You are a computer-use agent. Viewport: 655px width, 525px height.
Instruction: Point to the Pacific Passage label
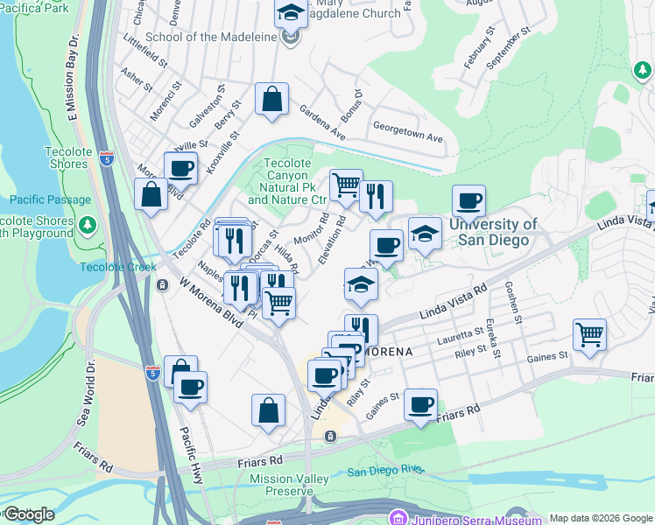[x=57, y=199]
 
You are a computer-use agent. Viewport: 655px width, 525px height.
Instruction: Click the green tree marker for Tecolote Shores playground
[x=87, y=226]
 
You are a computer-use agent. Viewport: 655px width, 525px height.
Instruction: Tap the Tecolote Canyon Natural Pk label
[x=288, y=181]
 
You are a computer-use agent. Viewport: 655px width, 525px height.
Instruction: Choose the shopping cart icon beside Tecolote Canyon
[x=346, y=185]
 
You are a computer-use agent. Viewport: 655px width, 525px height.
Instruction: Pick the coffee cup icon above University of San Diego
[x=468, y=201]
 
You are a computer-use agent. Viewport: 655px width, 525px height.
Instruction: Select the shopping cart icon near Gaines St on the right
[x=589, y=333]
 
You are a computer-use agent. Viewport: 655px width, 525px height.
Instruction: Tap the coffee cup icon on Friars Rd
[x=420, y=404]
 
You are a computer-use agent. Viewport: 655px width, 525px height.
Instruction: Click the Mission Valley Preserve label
[x=289, y=485]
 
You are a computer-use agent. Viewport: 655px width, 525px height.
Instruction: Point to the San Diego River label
[x=385, y=471]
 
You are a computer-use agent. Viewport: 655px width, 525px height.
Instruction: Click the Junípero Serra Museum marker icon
[x=398, y=518]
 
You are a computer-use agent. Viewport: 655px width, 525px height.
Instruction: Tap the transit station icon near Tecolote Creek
[x=161, y=285]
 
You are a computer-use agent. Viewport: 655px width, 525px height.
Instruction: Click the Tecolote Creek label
[x=117, y=267]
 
